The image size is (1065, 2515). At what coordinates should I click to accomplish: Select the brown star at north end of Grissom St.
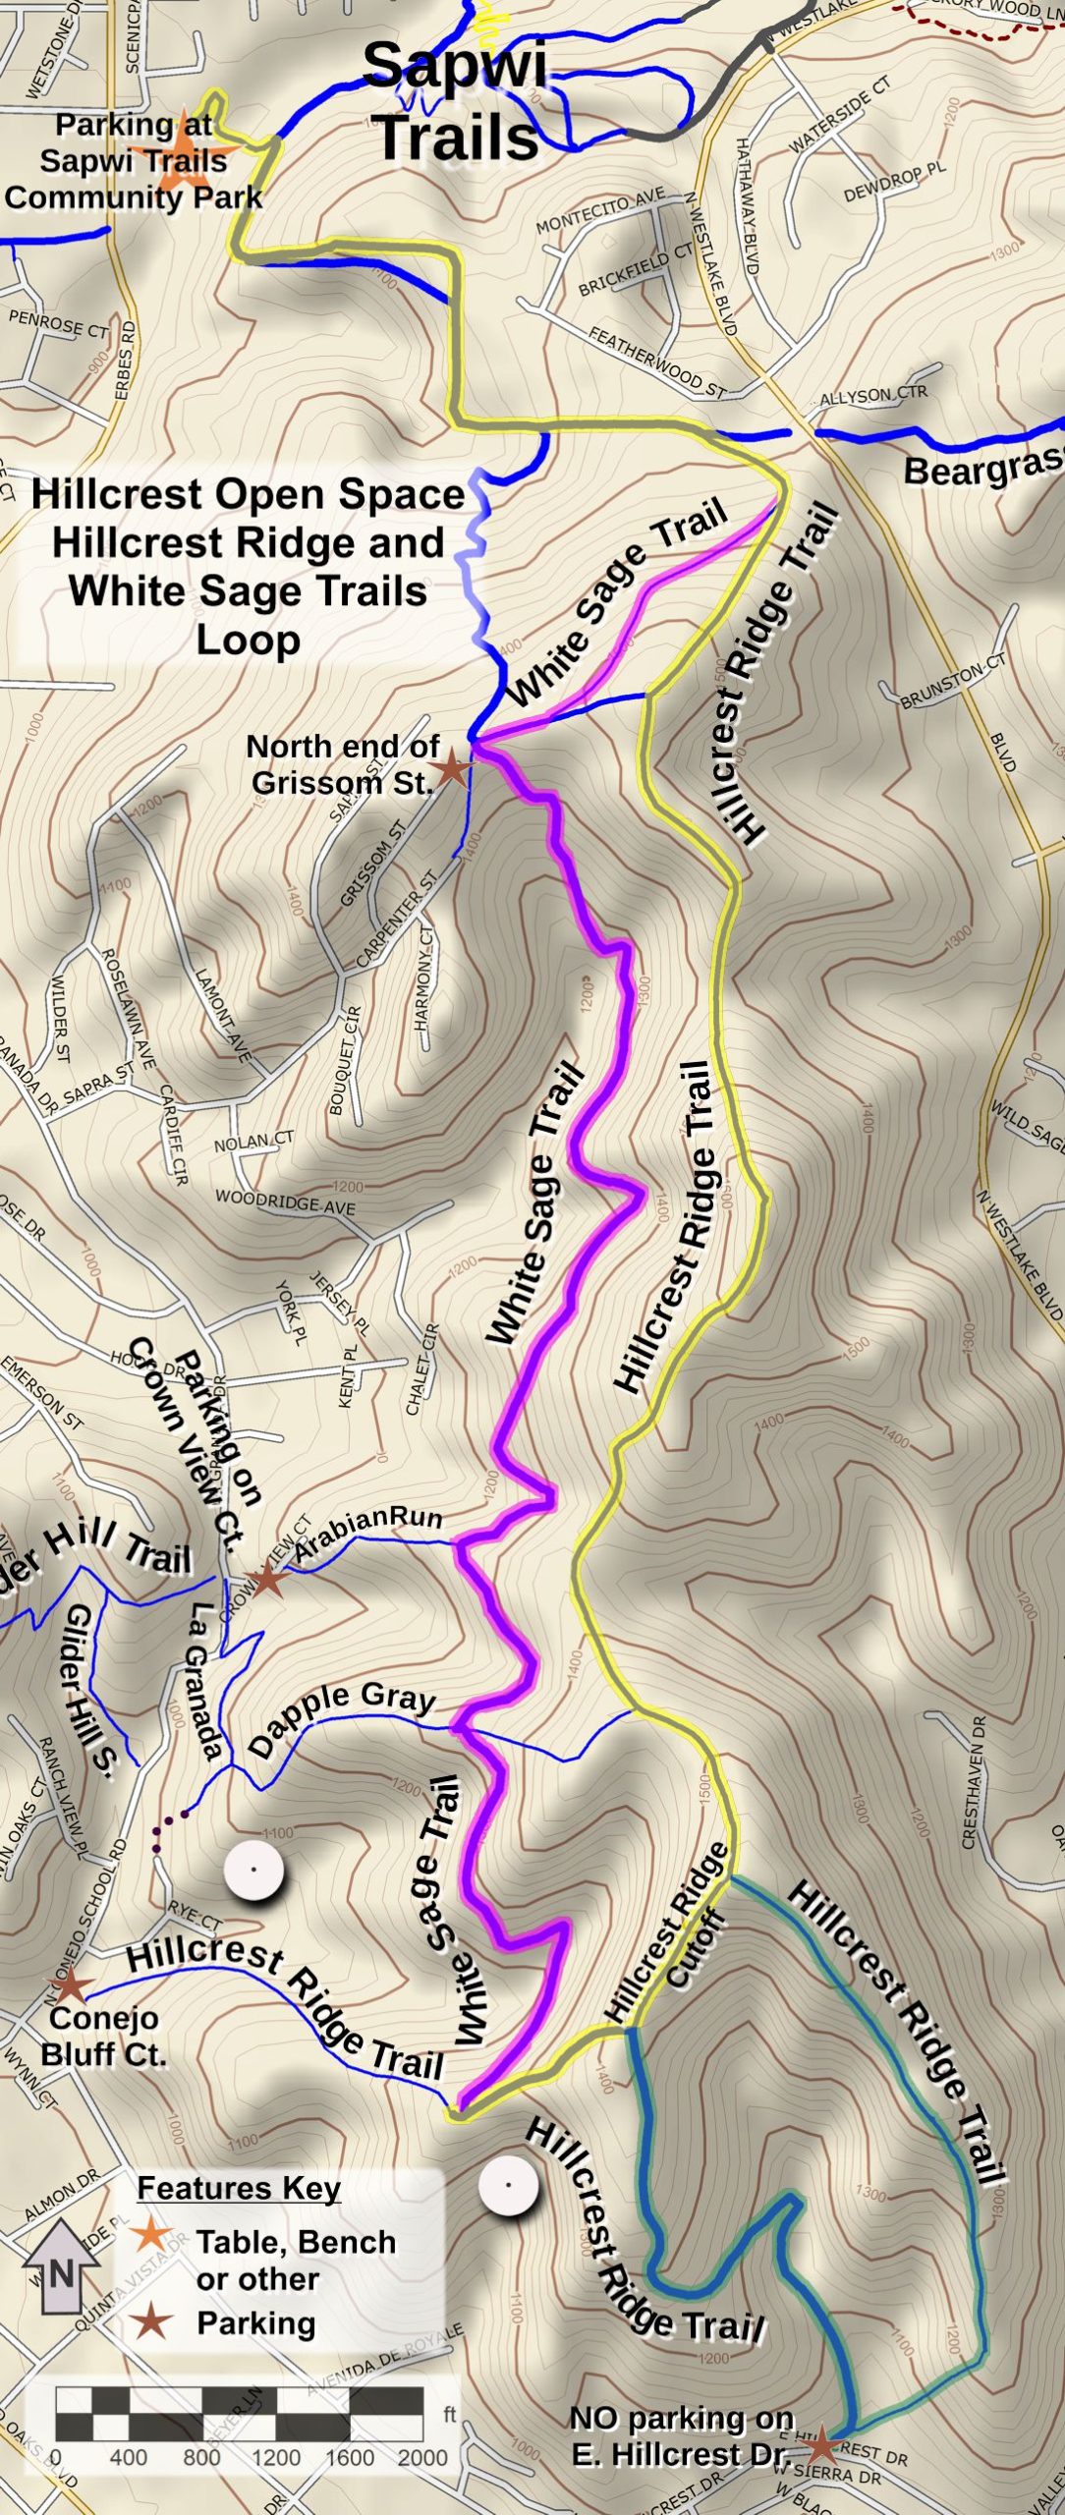pos(453,767)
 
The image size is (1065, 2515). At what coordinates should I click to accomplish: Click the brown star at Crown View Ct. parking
pos(265,1581)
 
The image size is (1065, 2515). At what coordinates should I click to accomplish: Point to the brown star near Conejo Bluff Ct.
pos(69,1985)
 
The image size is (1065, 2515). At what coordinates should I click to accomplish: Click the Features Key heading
pos(239,2189)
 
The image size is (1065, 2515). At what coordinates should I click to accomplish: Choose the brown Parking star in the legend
pos(152,2322)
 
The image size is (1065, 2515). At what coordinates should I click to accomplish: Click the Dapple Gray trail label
pos(341,1720)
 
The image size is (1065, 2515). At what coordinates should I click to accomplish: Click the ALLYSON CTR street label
pos(872,396)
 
